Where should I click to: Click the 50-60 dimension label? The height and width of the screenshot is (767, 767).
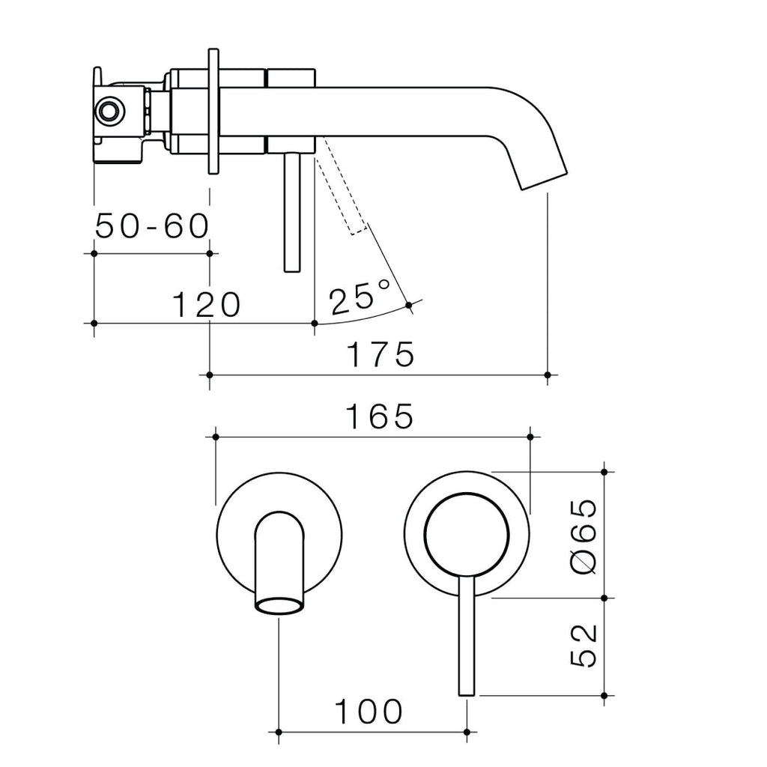click(151, 226)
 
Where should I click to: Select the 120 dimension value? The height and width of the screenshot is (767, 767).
click(206, 305)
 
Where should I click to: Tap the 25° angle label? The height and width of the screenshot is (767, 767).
click(360, 298)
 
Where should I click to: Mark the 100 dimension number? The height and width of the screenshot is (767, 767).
click(368, 712)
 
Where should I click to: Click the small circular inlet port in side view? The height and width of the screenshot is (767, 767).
click(110, 112)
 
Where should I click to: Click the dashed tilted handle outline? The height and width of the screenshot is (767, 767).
click(342, 192)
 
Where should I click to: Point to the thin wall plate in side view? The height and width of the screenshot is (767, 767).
click(213, 112)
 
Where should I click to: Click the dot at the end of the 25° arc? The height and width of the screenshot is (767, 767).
click(408, 304)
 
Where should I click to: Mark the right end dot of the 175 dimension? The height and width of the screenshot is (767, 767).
click(548, 374)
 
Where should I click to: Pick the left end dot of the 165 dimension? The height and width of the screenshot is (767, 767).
click(216, 436)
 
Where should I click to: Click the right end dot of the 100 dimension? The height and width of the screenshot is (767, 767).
click(467, 732)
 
